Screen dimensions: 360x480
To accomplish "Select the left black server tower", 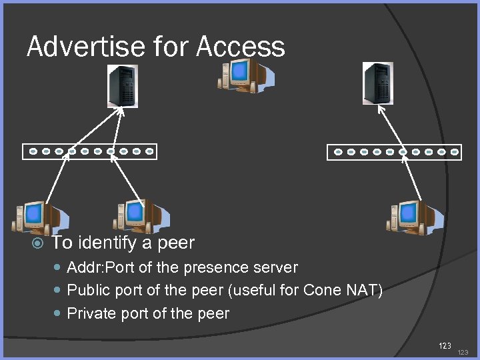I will pyautogui.click(x=123, y=86).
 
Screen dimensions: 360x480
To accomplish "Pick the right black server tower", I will pyautogui.click(x=377, y=83).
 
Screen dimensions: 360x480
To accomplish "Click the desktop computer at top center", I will pyautogui.click(x=246, y=74).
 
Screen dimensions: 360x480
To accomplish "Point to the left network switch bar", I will pyautogui.click(x=89, y=151).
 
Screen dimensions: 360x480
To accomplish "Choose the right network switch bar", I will pyautogui.click(x=394, y=152).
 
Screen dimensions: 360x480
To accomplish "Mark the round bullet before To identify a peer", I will pyautogui.click(x=38, y=243).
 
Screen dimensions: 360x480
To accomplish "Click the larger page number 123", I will pyautogui.click(x=445, y=345).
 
